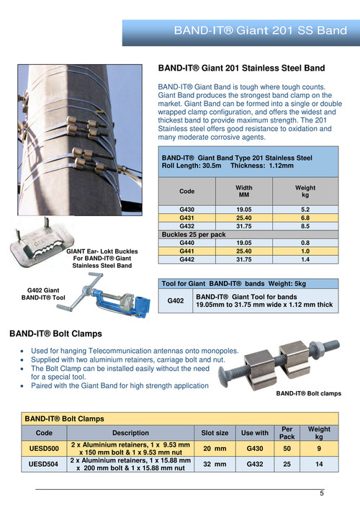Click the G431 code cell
coord(187,218)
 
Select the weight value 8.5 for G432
coord(305,226)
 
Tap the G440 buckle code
coord(187,243)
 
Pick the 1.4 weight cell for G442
coord(305,259)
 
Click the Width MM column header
coord(244,192)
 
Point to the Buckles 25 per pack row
coord(248,235)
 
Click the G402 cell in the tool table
coord(176,301)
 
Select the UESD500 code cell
coord(44,449)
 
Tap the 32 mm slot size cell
coord(215,464)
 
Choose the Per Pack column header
coord(287,433)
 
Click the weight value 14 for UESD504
coord(319,464)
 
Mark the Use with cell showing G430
coord(255,449)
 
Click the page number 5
coord(322,493)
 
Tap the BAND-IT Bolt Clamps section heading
coord(55,334)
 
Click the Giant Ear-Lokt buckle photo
coord(42,242)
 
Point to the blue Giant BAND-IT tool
coord(104,296)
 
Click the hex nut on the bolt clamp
coord(315,348)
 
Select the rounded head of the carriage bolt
coord(225,378)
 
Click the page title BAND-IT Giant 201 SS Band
coord(261,30)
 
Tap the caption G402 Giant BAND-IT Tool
coord(43,294)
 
